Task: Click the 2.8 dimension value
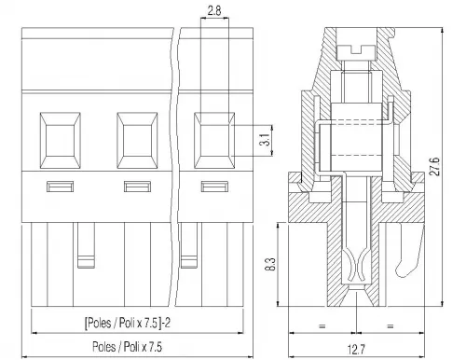click(x=214, y=11)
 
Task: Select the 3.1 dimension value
click(x=265, y=140)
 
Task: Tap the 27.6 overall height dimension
click(x=434, y=167)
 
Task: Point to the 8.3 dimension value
click(x=270, y=264)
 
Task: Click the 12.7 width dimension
click(x=356, y=350)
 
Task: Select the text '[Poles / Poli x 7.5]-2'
click(x=128, y=323)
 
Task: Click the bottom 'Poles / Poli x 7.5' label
click(x=127, y=346)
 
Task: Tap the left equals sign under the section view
click(x=322, y=326)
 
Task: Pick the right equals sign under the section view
click(x=391, y=326)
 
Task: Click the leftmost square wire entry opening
click(x=61, y=141)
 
